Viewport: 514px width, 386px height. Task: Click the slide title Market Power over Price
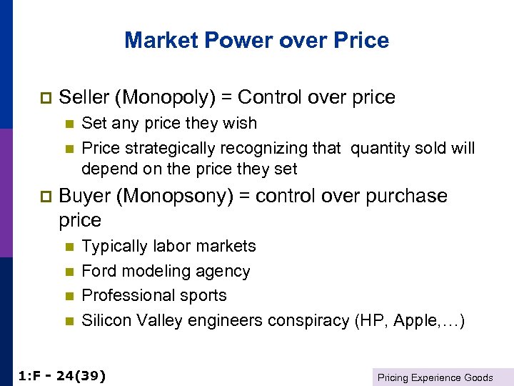256,39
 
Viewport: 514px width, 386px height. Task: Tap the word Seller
83,97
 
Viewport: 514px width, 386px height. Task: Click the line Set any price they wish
169,123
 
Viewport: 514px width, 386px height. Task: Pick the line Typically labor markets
168,246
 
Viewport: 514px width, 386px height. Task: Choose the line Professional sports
154,295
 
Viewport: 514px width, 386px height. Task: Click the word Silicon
105,320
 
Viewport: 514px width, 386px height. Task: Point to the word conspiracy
313,320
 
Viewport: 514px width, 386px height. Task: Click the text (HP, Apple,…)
410,320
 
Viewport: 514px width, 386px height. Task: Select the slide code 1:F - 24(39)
61,375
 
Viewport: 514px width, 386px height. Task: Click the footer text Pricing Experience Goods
435,377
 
